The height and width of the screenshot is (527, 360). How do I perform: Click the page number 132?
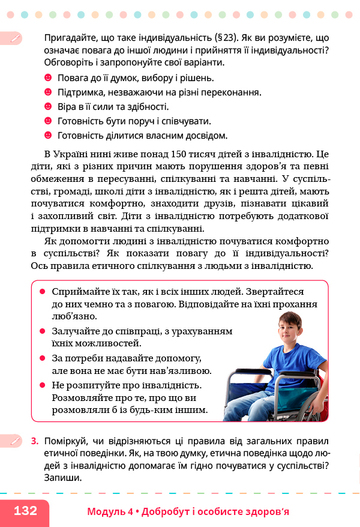[25, 511]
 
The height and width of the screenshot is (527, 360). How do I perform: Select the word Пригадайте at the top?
[71, 37]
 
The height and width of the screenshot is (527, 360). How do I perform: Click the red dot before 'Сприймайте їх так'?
[43, 291]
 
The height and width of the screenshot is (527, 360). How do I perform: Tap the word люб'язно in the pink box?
[74, 316]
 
